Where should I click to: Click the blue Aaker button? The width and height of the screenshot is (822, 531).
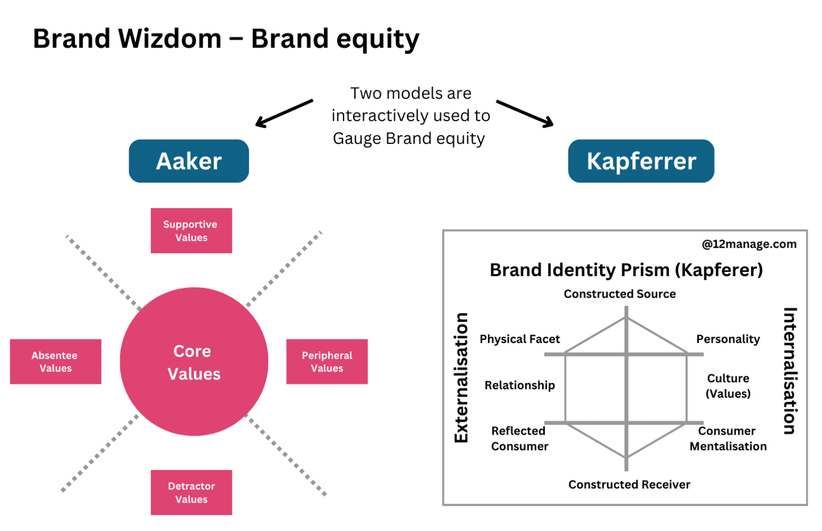pyautogui.click(x=188, y=161)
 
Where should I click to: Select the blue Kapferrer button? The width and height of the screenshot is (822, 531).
pyautogui.click(x=641, y=161)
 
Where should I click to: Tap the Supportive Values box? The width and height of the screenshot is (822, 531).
pyautogui.click(x=191, y=231)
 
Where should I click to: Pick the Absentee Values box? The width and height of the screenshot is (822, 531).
pyautogui.click(x=56, y=361)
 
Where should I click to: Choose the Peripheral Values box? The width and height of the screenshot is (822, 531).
pyautogui.click(x=327, y=361)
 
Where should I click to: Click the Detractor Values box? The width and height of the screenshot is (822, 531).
pyautogui.click(x=191, y=492)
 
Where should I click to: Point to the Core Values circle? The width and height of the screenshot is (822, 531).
pyautogui.click(x=194, y=361)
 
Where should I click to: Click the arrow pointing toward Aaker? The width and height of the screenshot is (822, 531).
pyautogui.click(x=284, y=113)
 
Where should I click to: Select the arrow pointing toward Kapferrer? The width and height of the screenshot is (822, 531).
pyautogui.click(x=525, y=113)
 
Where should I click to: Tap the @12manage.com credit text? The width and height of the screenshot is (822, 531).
pyautogui.click(x=749, y=244)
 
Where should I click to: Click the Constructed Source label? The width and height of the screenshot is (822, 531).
pyautogui.click(x=619, y=293)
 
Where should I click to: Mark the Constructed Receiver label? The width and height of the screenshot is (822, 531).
pyautogui.click(x=629, y=484)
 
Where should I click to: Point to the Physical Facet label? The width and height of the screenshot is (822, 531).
pyautogui.click(x=520, y=339)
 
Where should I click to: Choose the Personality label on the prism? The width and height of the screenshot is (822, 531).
pyautogui.click(x=728, y=339)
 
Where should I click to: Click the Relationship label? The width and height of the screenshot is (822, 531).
pyautogui.click(x=520, y=385)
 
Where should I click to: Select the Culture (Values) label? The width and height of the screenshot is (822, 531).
pyautogui.click(x=728, y=386)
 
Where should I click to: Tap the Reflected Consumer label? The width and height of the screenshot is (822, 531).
pyautogui.click(x=520, y=438)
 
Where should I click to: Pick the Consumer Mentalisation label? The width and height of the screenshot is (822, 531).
pyautogui.click(x=728, y=438)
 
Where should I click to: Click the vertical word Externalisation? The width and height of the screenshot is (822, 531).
pyautogui.click(x=461, y=377)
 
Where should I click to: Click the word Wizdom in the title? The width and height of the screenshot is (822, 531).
pyautogui.click(x=170, y=38)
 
